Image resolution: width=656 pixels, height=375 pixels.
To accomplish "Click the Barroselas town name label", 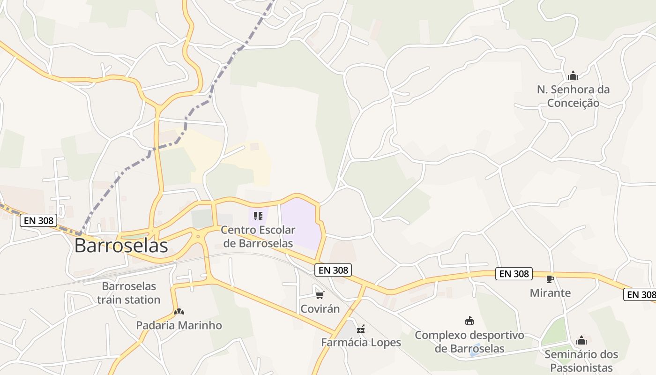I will (x=121, y=246).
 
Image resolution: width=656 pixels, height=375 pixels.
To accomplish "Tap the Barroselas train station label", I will (x=129, y=292).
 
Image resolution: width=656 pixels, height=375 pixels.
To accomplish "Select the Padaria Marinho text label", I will (x=179, y=325).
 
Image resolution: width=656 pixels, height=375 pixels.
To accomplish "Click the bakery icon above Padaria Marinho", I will (x=178, y=311).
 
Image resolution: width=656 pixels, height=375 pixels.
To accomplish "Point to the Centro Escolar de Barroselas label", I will (x=258, y=236).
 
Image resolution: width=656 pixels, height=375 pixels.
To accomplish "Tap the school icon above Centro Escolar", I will (x=258, y=216).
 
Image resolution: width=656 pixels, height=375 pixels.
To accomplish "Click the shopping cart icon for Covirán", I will (x=320, y=295).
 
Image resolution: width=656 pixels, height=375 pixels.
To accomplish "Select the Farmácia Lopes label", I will (x=361, y=342).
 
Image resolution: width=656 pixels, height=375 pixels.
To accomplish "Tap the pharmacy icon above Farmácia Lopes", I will (x=361, y=329).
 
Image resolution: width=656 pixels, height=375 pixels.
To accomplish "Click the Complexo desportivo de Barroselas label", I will (x=470, y=342).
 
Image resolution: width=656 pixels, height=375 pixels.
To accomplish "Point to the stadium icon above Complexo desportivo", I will (x=469, y=321).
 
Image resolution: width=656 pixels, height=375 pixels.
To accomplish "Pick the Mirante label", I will (x=550, y=293).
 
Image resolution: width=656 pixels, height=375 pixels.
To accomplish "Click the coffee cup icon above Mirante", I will (x=550, y=279).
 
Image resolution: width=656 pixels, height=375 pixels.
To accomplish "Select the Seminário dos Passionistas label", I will (x=581, y=360).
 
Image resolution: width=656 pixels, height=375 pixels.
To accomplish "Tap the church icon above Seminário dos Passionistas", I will (x=581, y=340).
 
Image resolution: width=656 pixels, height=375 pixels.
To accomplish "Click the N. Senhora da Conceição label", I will (x=573, y=96).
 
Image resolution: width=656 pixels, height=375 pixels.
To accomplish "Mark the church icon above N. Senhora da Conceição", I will (x=573, y=75).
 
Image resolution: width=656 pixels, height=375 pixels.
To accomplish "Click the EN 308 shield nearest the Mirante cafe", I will (x=514, y=274).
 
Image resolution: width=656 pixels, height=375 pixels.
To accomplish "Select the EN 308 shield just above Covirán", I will (x=333, y=270).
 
